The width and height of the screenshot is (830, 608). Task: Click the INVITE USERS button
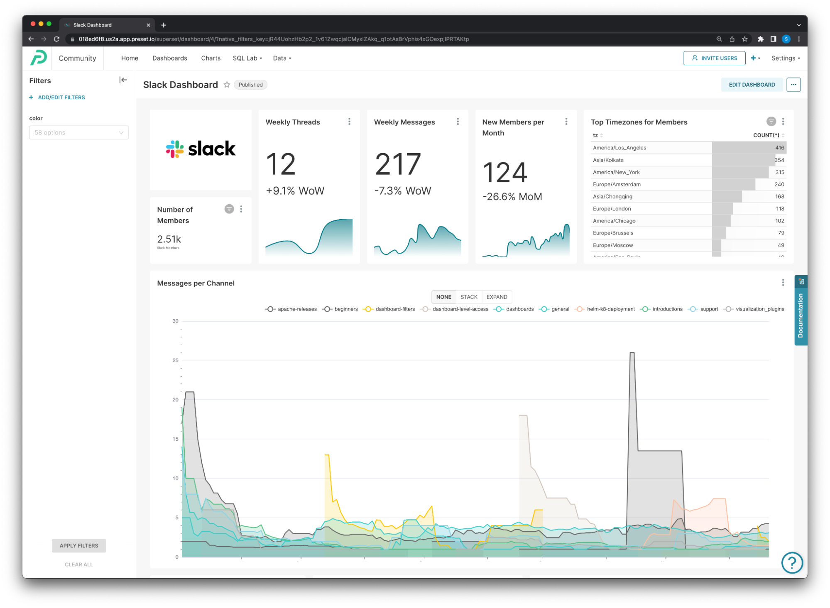(714, 58)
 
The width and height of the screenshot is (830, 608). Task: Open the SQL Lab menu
(247, 58)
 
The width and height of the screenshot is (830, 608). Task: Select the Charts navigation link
(211, 58)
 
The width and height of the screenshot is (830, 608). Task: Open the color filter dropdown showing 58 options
(79, 132)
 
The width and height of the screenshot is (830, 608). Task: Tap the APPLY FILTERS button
(79, 545)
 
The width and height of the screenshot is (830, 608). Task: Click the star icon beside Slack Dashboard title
(227, 85)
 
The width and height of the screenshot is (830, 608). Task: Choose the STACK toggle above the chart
(469, 297)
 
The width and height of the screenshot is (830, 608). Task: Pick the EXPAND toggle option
(497, 297)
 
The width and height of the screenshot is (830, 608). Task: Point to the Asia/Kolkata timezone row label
(608, 160)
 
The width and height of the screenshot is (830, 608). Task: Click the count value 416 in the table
(779, 148)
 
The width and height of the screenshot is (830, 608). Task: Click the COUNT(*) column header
(766, 135)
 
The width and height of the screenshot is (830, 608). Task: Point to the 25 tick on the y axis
(175, 360)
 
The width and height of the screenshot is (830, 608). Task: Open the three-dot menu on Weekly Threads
(349, 122)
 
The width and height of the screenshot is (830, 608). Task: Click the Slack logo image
(201, 149)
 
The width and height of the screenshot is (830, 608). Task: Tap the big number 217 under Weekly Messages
(398, 164)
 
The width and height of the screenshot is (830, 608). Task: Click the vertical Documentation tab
(800, 315)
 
